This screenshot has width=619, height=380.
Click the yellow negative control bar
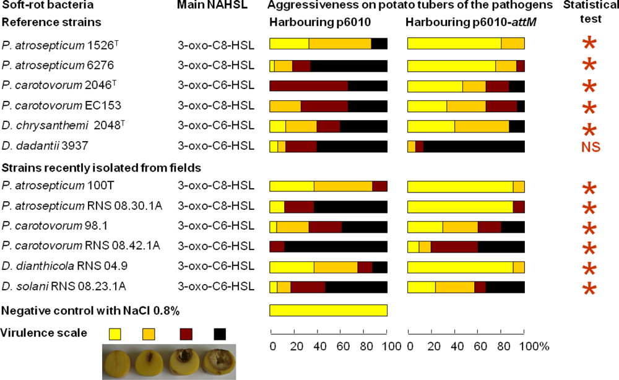pyautogui.click(x=328, y=309)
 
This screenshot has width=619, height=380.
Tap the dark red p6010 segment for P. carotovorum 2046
pyautogui.click(x=309, y=86)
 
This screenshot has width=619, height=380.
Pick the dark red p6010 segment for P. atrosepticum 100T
pyautogui.click(x=379, y=186)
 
